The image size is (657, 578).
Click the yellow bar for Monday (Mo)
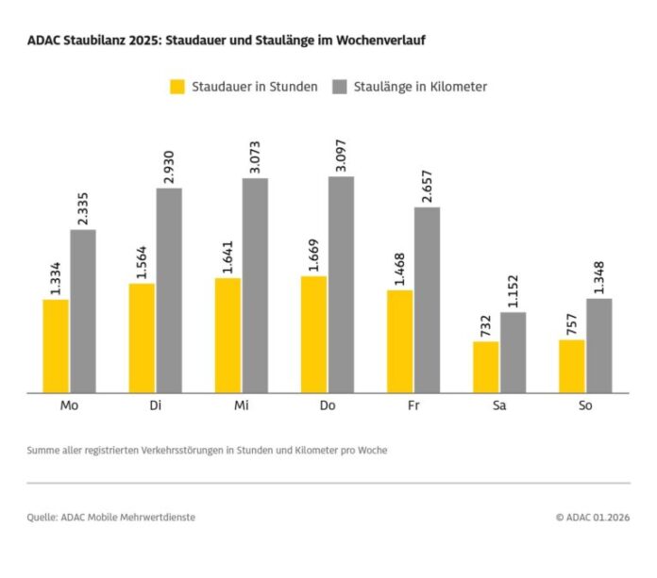(56, 345)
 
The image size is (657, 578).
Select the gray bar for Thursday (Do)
(341, 284)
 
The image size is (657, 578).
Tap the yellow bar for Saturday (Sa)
(486, 367)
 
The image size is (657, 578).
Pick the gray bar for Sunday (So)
(599, 345)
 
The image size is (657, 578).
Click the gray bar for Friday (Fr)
(427, 300)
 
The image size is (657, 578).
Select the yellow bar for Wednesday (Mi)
(227, 335)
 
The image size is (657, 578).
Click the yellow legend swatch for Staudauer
(177, 87)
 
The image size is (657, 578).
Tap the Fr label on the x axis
(413, 405)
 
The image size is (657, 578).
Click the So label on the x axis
(585, 405)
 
